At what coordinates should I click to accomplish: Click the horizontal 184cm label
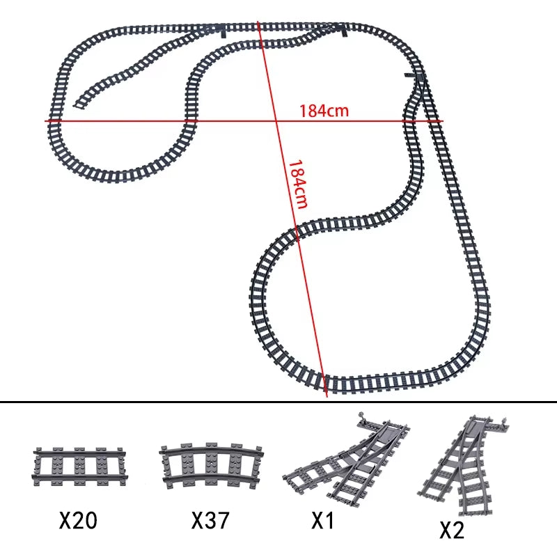click(324, 111)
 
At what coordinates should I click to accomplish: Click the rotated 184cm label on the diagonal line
click(298, 184)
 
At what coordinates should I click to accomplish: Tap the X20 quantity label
click(78, 520)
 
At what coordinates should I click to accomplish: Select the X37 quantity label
click(210, 520)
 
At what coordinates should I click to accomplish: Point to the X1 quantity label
click(323, 520)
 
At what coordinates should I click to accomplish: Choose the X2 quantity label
click(452, 531)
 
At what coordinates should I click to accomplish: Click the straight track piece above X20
click(79, 466)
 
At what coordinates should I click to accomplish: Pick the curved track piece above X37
click(212, 466)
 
